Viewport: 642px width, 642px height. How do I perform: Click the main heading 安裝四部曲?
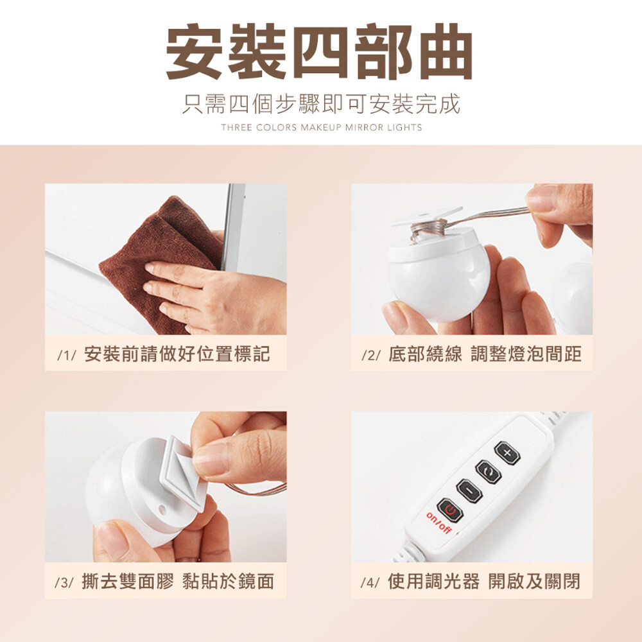319,52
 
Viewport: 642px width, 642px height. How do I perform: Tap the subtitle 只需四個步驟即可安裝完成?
321,104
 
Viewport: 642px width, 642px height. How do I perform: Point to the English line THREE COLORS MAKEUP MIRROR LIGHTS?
322,127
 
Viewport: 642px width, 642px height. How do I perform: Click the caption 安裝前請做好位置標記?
177,354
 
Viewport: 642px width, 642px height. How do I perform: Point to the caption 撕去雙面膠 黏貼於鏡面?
178,582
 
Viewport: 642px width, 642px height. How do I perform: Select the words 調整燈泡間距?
526,354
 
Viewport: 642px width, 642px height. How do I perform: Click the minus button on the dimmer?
469,490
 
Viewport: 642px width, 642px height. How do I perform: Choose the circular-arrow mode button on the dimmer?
489,472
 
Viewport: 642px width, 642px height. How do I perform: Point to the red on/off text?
438,523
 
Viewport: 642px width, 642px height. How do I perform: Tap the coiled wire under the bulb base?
429,229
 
